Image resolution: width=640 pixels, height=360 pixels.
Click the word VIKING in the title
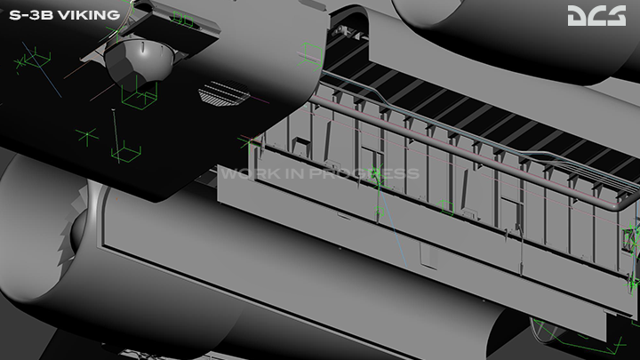89,15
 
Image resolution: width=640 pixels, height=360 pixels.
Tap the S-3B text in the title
31,15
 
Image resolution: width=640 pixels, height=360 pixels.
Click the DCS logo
596,15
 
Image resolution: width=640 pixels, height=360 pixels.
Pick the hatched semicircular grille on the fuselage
224,93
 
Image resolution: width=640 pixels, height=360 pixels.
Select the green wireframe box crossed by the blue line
37,58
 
